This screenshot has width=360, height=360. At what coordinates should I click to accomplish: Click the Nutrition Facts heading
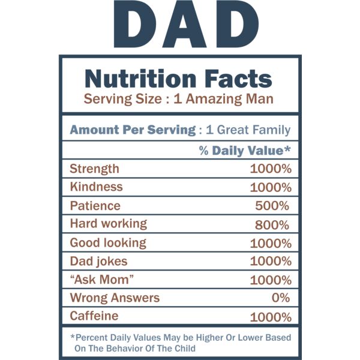coord(178,79)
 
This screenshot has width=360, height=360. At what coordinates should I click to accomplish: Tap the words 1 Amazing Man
coord(223,99)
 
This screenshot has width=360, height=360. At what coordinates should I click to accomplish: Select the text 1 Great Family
coord(248,130)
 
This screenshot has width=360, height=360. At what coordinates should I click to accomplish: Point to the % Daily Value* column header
coord(245,150)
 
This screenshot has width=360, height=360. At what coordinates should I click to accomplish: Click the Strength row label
coord(94,169)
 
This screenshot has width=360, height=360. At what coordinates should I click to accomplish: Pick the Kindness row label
coord(96,187)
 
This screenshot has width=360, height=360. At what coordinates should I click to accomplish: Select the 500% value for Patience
coord(272,206)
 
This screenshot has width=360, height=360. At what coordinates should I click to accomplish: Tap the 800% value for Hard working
coord(272,224)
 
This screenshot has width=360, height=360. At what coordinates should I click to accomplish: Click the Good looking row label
coord(108,242)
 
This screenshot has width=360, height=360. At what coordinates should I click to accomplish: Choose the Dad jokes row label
coord(98,261)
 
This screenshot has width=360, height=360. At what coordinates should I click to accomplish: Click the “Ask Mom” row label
coord(101,280)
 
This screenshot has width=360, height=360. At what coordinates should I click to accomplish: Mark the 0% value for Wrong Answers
coord(280,298)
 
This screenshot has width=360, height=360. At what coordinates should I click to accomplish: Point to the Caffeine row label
coord(94,316)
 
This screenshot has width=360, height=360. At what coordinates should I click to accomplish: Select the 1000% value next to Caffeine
coord(271,317)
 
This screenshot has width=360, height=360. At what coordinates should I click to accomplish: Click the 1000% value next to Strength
coord(271,169)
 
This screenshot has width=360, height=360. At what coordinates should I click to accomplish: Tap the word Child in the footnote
coord(184,349)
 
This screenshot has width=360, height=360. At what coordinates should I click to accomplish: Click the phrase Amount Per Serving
coord(132,130)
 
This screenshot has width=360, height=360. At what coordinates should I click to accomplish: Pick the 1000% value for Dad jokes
coord(271,262)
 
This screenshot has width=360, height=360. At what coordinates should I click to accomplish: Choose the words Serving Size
coord(122,99)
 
